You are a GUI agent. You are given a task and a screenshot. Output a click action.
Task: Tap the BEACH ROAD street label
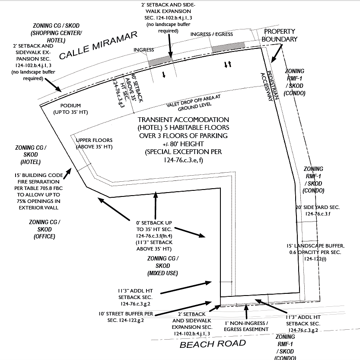pos(213,344)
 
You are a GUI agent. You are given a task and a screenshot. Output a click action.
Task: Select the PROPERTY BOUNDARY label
pos(280,35)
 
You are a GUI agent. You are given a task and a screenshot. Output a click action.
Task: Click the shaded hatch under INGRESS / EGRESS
pos(228,47)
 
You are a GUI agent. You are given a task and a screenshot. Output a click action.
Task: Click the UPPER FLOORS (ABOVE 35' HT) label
pos(94,144)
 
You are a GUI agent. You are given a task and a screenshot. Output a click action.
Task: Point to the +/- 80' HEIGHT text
pos(183,144)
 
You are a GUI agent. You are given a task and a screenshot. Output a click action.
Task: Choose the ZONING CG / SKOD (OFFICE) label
pos(45,229)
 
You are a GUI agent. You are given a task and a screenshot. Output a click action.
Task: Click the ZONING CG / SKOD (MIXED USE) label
pos(162,266)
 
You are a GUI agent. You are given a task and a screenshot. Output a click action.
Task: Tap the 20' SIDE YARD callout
pos(318,211)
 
